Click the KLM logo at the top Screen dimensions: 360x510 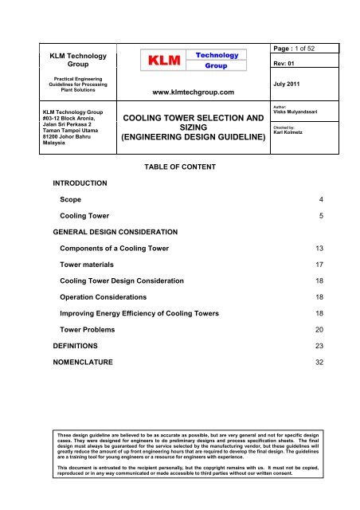pyautogui.click(x=190, y=60)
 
